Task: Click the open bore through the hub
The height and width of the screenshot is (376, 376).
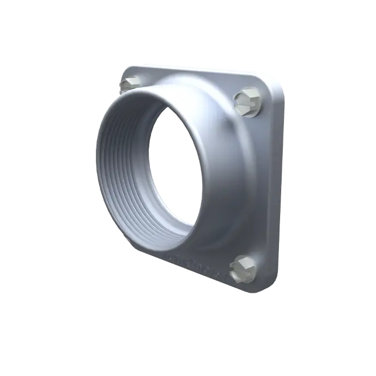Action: (x=174, y=169)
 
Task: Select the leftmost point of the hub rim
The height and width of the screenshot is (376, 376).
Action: (x=97, y=163)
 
